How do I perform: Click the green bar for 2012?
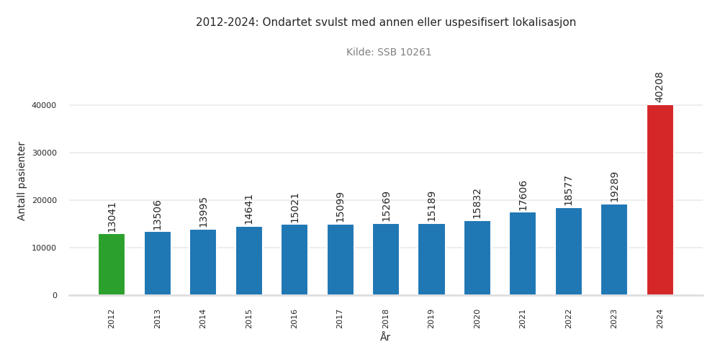pyautogui.click(x=112, y=264)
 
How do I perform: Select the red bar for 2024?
pyautogui.click(x=660, y=200)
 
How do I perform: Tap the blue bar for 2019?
pyautogui.click(x=431, y=259)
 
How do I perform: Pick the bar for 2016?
pyautogui.click(x=294, y=260)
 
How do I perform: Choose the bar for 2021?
pyautogui.click(x=523, y=253)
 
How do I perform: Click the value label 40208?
pyautogui.click(x=660, y=86)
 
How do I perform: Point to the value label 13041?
pyautogui.click(x=112, y=216)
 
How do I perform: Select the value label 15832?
pyautogui.click(x=477, y=203)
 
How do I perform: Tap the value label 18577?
pyautogui.click(x=568, y=190)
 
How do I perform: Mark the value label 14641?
pyautogui.click(x=248, y=209)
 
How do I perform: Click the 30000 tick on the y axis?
pyautogui.click(x=43, y=153)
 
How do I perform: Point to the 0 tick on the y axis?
pyautogui.click(x=54, y=295)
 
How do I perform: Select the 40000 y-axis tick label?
pyautogui.click(x=43, y=105)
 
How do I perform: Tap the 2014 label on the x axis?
pyautogui.click(x=203, y=318)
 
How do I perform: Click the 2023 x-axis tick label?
pyautogui.click(x=614, y=318)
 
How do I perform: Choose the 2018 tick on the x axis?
pyautogui.click(x=386, y=318)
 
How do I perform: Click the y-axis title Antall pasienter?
pyautogui.click(x=22, y=181)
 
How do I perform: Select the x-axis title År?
pyautogui.click(x=385, y=337)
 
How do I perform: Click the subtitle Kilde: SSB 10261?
pyautogui.click(x=389, y=53)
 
